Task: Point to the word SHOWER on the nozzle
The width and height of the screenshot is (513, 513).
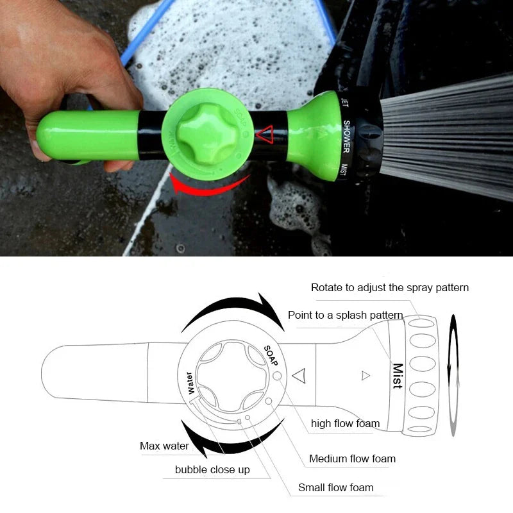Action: [346, 135]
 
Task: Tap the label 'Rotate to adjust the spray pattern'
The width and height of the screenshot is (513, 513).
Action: [389, 287]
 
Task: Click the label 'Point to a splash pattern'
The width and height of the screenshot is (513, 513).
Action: [345, 315]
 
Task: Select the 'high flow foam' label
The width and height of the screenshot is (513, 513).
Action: [345, 423]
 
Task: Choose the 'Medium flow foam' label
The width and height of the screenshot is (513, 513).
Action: [352, 458]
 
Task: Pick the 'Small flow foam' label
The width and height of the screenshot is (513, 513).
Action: [335, 488]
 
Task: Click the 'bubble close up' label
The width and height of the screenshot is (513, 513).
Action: [212, 470]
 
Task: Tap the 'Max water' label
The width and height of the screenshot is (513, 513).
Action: [164, 446]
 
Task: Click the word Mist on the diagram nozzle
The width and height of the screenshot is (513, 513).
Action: [398, 376]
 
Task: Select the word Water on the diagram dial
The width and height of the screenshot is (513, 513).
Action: [189, 383]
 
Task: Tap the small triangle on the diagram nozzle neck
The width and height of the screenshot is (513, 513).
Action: [366, 376]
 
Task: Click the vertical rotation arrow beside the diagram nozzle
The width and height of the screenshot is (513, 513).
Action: [454, 375]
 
